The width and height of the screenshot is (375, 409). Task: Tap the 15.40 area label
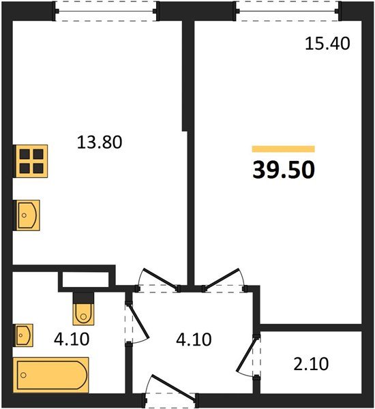(x=327, y=44)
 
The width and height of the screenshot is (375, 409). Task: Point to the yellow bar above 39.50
(x=284, y=149)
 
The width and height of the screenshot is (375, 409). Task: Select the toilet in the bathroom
(x=82, y=309)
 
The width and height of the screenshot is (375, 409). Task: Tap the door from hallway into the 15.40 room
(x=225, y=278)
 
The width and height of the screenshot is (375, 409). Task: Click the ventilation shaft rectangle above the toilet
(x=85, y=279)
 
